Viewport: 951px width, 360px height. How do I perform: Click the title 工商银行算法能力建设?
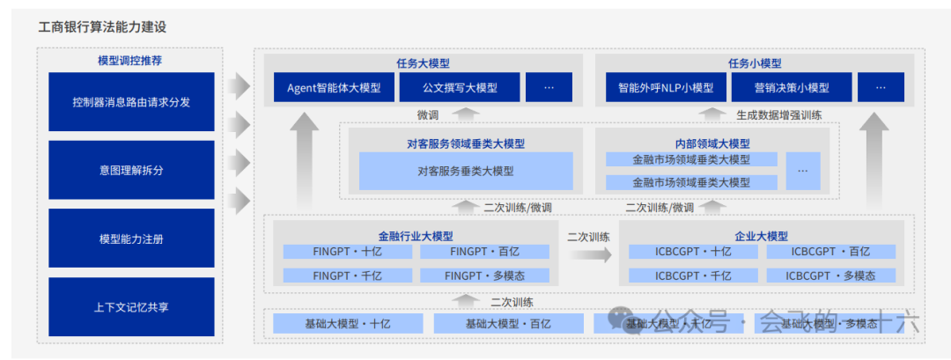pyautogui.click(x=102, y=27)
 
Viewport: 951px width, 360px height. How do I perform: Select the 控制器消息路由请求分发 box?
pyautogui.click(x=131, y=102)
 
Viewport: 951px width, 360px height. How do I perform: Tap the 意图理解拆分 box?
pyautogui.click(x=131, y=170)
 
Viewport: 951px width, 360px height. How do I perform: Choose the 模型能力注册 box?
pyautogui.click(x=131, y=239)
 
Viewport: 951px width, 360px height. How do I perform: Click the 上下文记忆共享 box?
pyautogui.click(x=131, y=307)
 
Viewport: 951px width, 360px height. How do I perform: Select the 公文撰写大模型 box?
pyautogui.click(x=460, y=88)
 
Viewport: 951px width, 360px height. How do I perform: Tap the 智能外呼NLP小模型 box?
pyautogui.click(x=666, y=88)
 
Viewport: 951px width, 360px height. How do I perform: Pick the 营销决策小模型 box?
pyautogui.click(x=792, y=88)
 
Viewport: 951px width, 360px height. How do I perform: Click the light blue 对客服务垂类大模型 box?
pyautogui.click(x=466, y=172)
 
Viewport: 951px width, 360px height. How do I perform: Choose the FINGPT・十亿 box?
pyautogui.click(x=348, y=252)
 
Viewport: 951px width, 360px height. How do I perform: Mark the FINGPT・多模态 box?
pyautogui.click(x=484, y=276)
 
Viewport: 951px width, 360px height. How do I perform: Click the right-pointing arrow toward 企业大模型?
pyautogui.click(x=589, y=254)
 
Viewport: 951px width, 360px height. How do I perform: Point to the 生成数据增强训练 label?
pyautogui.click(x=778, y=114)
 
